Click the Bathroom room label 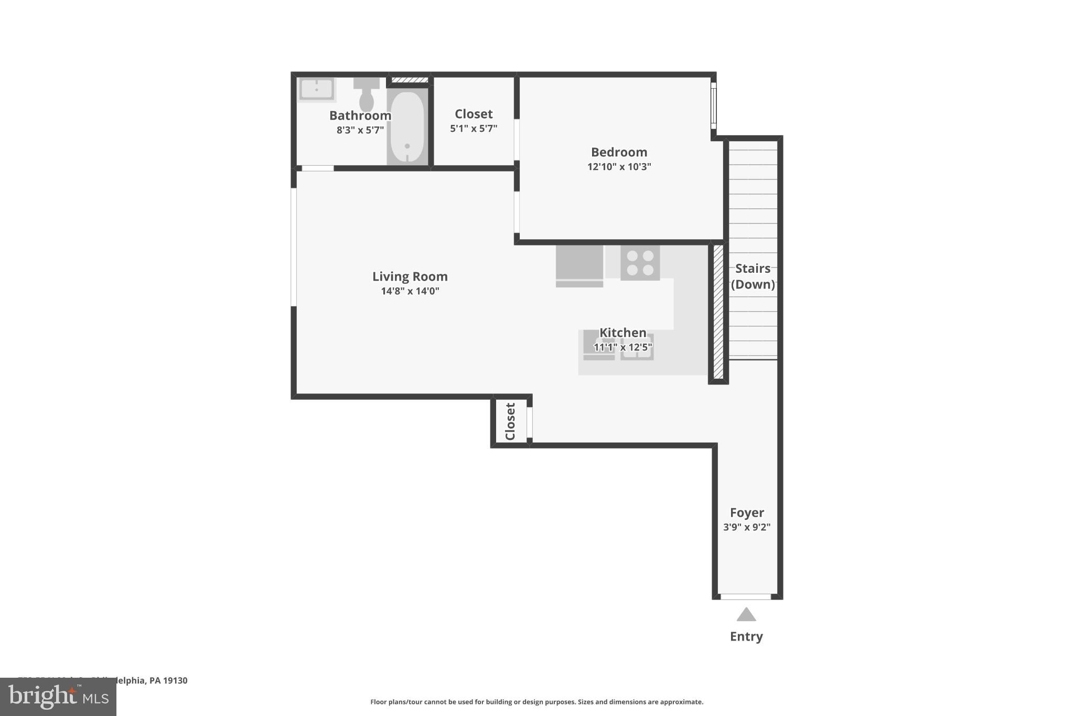click(x=360, y=115)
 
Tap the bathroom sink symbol click(x=316, y=89)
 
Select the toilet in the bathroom click(x=367, y=94)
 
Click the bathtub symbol click(x=407, y=127)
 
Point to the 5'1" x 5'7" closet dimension click(x=474, y=129)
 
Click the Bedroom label click(x=619, y=152)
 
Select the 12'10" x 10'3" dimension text click(x=619, y=167)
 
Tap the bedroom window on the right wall click(x=713, y=105)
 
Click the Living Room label click(x=410, y=276)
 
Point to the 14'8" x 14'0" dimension click(x=410, y=291)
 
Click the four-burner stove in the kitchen click(x=640, y=263)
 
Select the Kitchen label click(x=622, y=333)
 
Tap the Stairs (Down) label click(x=753, y=276)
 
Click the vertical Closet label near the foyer click(x=510, y=421)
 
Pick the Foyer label click(x=747, y=512)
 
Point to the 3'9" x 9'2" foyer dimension click(x=747, y=527)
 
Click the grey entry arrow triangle click(x=746, y=615)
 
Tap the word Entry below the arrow click(x=746, y=636)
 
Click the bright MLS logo click(x=58, y=697)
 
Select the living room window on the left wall click(x=294, y=247)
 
